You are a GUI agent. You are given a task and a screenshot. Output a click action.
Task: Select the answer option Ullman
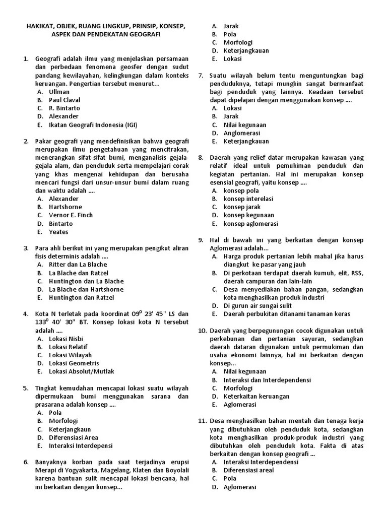point(59,92)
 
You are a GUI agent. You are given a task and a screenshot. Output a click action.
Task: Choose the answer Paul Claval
point(64,100)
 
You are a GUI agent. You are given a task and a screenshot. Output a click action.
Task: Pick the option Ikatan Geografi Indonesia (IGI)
point(93,124)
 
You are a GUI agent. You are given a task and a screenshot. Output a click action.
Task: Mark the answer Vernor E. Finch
point(71,215)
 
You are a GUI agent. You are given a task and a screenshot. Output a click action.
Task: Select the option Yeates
point(58,232)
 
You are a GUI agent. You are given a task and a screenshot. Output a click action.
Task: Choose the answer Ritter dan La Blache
point(78,265)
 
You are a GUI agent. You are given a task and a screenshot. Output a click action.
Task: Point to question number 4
point(26,314)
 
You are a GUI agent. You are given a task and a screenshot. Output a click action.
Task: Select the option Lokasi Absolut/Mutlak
point(81,371)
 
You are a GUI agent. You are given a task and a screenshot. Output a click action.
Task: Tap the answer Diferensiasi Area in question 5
point(74,437)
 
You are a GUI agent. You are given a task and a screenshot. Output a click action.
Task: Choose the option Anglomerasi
point(242,133)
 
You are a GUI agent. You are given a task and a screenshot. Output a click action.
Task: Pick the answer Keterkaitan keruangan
point(256,396)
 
